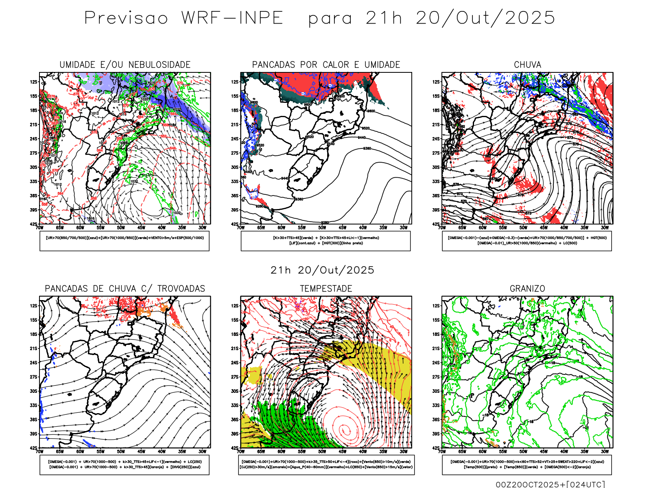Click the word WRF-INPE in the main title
point(232,18)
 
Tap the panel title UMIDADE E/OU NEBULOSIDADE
point(125,65)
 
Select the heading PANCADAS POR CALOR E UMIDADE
point(326,65)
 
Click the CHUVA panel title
point(527,65)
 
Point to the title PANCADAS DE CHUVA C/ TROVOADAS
point(125,289)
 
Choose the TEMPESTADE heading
point(326,289)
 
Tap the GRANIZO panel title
point(527,289)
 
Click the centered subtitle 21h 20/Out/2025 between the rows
point(322,270)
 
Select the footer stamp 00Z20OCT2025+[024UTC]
point(550,484)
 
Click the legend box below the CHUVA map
point(527,241)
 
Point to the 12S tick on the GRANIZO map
point(436,306)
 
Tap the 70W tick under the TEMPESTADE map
point(241,451)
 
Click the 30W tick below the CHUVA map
point(605,228)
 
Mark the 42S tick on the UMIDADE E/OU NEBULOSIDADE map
point(33,224)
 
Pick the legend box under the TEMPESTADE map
point(326,464)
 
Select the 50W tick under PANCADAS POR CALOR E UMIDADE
point(322,228)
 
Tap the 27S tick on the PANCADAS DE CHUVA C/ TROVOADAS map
point(33,377)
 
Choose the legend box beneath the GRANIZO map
point(527,464)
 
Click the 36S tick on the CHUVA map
point(436,196)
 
